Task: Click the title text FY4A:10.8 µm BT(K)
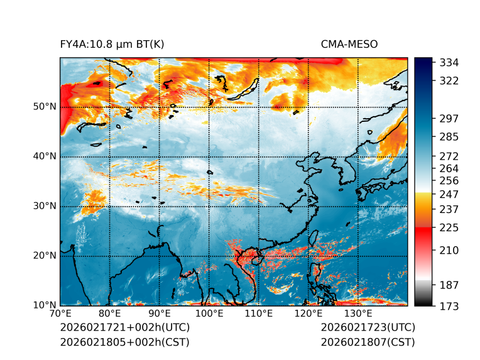coord(112,45)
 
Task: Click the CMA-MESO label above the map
coord(349,45)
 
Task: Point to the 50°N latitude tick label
coord(45,107)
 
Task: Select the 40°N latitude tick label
coord(45,156)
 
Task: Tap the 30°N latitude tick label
coord(45,206)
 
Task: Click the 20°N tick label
coord(45,256)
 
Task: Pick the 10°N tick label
coord(45,305)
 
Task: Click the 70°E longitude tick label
coord(60,314)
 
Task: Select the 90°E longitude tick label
coord(160,314)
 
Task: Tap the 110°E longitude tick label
coord(259,314)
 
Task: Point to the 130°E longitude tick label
coord(358,314)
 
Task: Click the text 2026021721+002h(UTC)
coord(124,328)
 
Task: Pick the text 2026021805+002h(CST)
coord(124,342)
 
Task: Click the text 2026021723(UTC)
coord(368,328)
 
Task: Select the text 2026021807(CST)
coord(368,342)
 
